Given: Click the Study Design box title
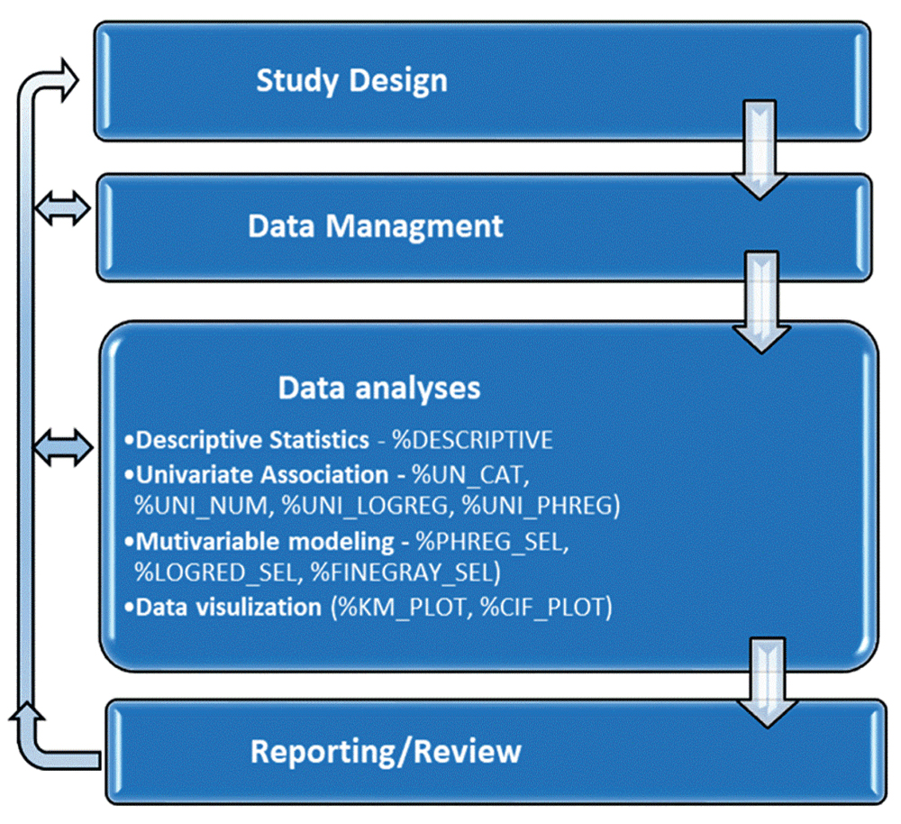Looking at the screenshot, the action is point(351,81).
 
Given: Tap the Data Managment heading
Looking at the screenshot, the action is point(375,226).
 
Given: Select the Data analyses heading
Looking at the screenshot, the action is point(379,389).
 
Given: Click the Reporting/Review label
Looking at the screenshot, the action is point(386,752).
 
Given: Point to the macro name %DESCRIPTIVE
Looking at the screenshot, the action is point(472,441).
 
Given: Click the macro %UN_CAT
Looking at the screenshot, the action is point(470,475).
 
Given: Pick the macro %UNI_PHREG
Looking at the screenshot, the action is point(541,506).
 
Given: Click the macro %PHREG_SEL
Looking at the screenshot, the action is point(492,542).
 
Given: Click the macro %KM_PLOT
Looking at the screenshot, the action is point(402,608).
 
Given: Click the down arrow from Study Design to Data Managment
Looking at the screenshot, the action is point(760,150).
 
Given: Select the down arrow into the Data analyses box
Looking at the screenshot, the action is point(761,302).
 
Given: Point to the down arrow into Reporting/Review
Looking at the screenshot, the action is point(768,682).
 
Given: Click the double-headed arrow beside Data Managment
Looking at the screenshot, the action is point(62,207).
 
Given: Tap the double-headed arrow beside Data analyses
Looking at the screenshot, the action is point(63,447).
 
